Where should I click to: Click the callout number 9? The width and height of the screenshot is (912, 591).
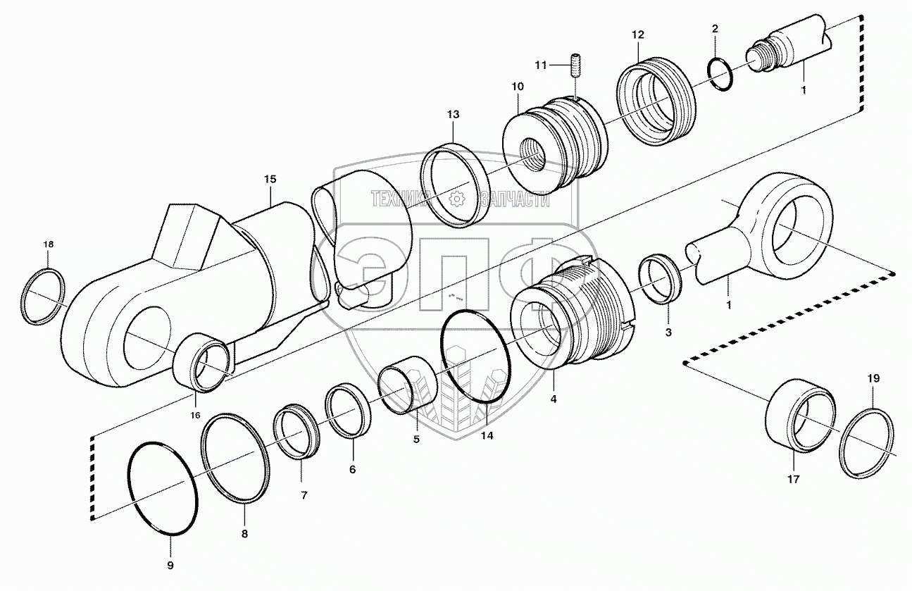(x=170, y=565)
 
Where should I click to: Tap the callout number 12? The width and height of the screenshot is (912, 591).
(x=638, y=35)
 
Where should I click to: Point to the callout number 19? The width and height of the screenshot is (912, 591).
(x=873, y=379)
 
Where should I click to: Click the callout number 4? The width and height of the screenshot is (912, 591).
(x=554, y=399)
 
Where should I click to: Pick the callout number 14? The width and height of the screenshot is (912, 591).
(x=487, y=435)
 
